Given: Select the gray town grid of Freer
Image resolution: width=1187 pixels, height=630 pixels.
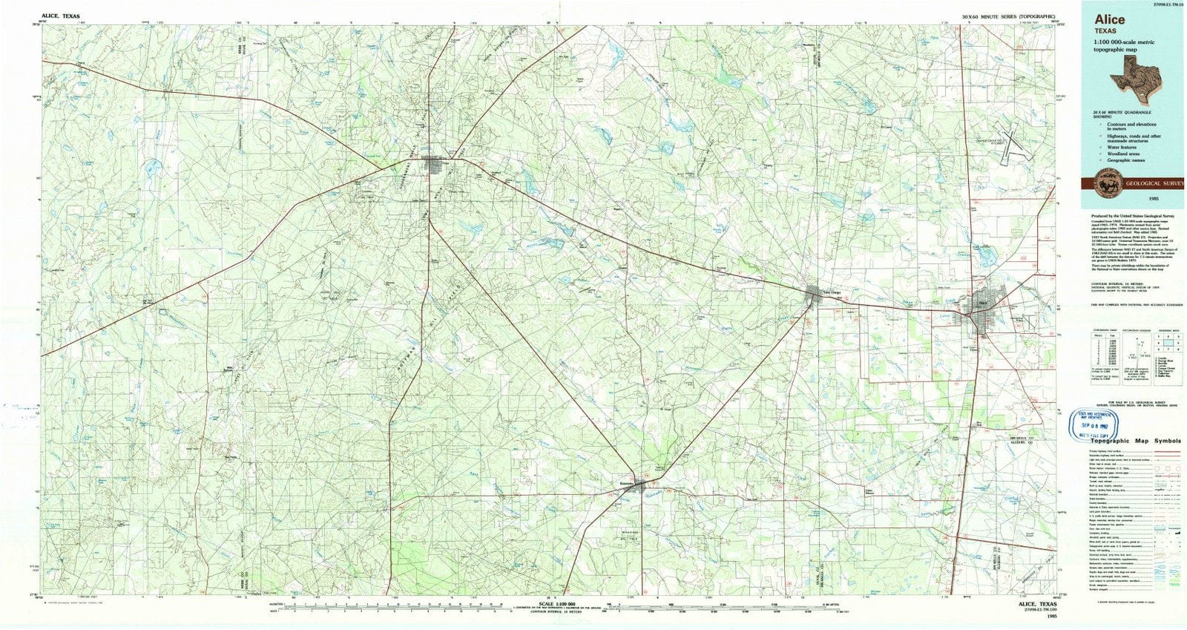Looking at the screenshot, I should (x=434, y=165).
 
